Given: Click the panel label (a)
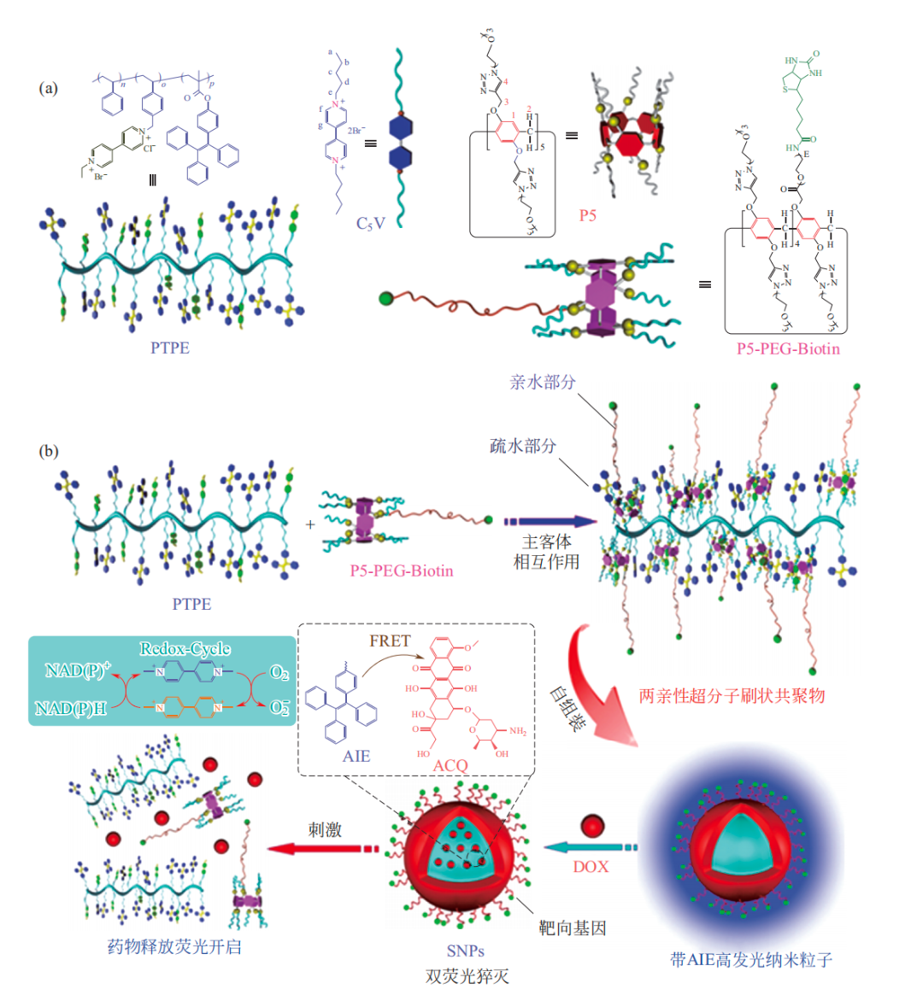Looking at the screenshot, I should click(x=48, y=88).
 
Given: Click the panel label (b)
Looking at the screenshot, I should click(x=48, y=451).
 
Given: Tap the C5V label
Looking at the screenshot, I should click(x=370, y=223).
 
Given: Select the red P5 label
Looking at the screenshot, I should click(x=588, y=215).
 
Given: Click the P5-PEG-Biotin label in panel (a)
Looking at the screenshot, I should click(x=788, y=348).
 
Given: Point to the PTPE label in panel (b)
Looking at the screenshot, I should click(x=191, y=604).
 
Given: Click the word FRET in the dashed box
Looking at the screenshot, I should click(x=390, y=641).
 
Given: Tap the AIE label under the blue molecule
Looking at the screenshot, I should click(x=356, y=755).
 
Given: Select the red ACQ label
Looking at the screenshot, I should click(x=450, y=765).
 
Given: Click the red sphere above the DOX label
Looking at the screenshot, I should click(x=592, y=826).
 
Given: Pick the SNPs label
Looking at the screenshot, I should click(x=465, y=951).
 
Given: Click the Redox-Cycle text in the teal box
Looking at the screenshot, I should click(x=185, y=649).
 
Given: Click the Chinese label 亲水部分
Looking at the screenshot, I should click(x=543, y=382).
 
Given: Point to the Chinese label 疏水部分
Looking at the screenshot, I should click(x=522, y=445).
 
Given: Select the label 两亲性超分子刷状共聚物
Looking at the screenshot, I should click(x=732, y=695).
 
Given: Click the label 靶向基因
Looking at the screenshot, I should click(x=573, y=928).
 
